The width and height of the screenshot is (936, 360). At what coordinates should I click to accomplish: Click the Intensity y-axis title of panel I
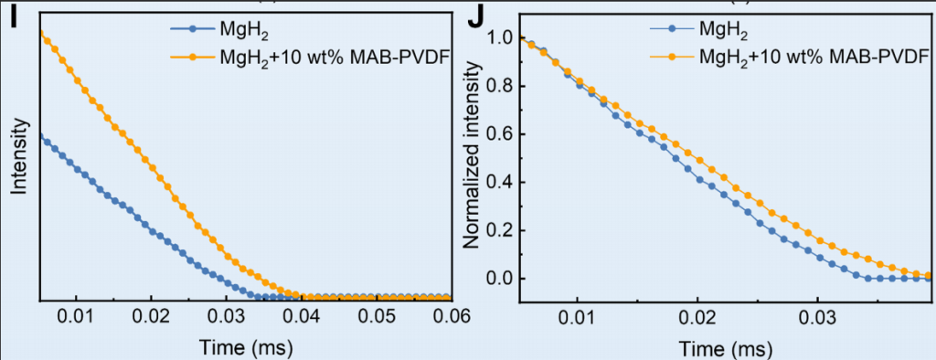20,156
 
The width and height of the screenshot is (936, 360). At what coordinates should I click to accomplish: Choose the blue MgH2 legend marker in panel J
672,27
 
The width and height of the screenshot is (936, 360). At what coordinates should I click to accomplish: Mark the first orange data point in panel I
40,32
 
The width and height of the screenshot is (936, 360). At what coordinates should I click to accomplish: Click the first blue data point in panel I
40,137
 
